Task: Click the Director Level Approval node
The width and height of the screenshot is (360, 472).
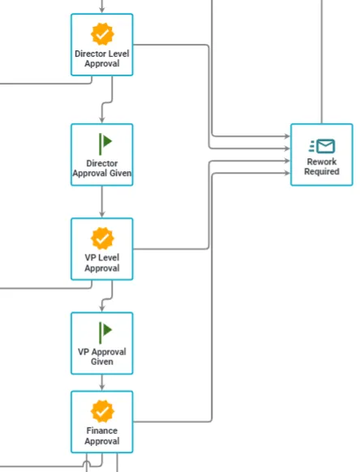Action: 101,45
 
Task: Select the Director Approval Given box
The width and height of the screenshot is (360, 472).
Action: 101,155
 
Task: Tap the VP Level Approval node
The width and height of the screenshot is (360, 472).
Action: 101,249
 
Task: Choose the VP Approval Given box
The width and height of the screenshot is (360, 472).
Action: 101,344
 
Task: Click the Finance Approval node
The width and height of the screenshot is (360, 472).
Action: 101,422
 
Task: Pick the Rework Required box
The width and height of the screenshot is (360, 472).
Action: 321,155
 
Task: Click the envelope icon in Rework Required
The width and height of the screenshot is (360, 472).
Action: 322,146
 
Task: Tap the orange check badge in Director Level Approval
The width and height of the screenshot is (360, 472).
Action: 102,34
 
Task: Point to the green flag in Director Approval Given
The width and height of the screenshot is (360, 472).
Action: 105,144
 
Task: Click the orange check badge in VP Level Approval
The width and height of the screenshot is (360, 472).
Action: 102,238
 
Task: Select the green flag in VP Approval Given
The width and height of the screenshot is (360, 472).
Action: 105,333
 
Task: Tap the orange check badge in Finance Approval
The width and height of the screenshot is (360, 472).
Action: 102,411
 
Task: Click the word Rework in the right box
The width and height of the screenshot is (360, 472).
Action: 321,161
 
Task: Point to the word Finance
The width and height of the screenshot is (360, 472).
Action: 101,431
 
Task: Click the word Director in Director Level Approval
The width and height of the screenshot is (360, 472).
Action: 89,54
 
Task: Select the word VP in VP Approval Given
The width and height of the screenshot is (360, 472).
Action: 83,352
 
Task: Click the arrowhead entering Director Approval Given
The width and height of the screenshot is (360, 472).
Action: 101,120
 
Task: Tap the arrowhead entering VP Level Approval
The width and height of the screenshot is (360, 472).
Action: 101,214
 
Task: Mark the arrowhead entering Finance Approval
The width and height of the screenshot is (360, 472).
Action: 101,387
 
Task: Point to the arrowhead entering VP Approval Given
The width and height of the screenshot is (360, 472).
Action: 101,309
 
